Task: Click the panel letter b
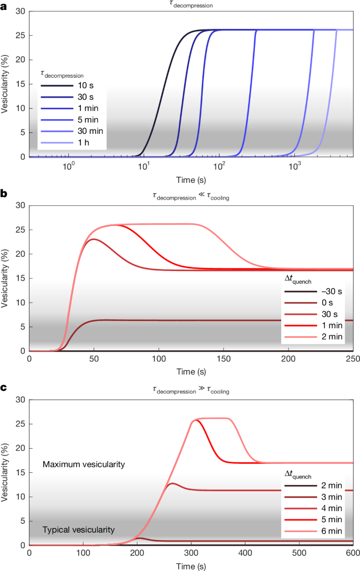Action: (4, 194)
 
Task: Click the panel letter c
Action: (3, 388)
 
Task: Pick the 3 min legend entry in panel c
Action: (313, 497)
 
